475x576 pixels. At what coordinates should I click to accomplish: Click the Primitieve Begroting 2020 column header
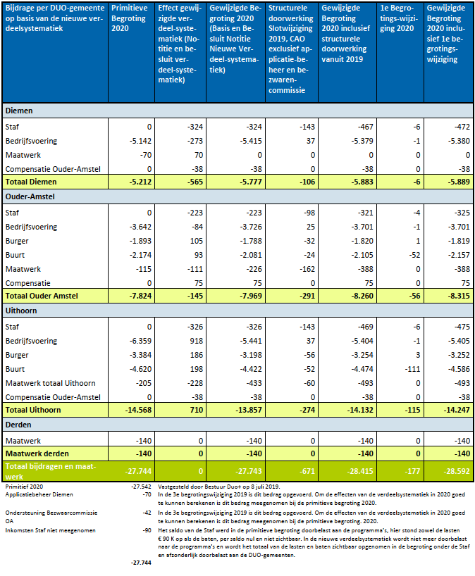(x=129, y=18)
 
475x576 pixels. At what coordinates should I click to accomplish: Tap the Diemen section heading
(x=19, y=111)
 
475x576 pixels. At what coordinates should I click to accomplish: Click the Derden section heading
(x=18, y=425)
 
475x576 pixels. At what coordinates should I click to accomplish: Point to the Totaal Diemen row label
(x=31, y=182)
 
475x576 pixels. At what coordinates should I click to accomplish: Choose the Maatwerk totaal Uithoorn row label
(x=50, y=383)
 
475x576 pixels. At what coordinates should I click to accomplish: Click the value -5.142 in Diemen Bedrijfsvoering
(x=140, y=141)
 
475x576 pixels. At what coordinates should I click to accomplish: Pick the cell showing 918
(x=197, y=341)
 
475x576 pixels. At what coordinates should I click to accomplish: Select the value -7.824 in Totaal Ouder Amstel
(x=140, y=296)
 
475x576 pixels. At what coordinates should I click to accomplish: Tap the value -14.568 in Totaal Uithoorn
(x=138, y=410)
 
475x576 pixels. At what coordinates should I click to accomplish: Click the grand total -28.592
(x=457, y=471)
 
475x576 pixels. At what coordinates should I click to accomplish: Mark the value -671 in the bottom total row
(x=307, y=471)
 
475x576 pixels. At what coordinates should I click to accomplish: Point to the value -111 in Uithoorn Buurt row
(x=412, y=369)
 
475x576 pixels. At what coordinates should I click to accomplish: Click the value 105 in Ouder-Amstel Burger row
(x=197, y=241)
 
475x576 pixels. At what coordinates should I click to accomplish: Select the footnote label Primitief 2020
(x=24, y=487)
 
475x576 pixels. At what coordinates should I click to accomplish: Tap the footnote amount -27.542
(x=141, y=487)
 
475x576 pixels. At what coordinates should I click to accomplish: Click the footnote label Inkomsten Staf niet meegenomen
(x=50, y=530)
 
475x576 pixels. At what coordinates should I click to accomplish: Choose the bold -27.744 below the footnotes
(x=141, y=563)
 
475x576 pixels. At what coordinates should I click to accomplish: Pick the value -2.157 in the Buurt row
(x=459, y=255)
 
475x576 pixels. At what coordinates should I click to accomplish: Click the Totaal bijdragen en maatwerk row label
(x=50, y=471)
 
